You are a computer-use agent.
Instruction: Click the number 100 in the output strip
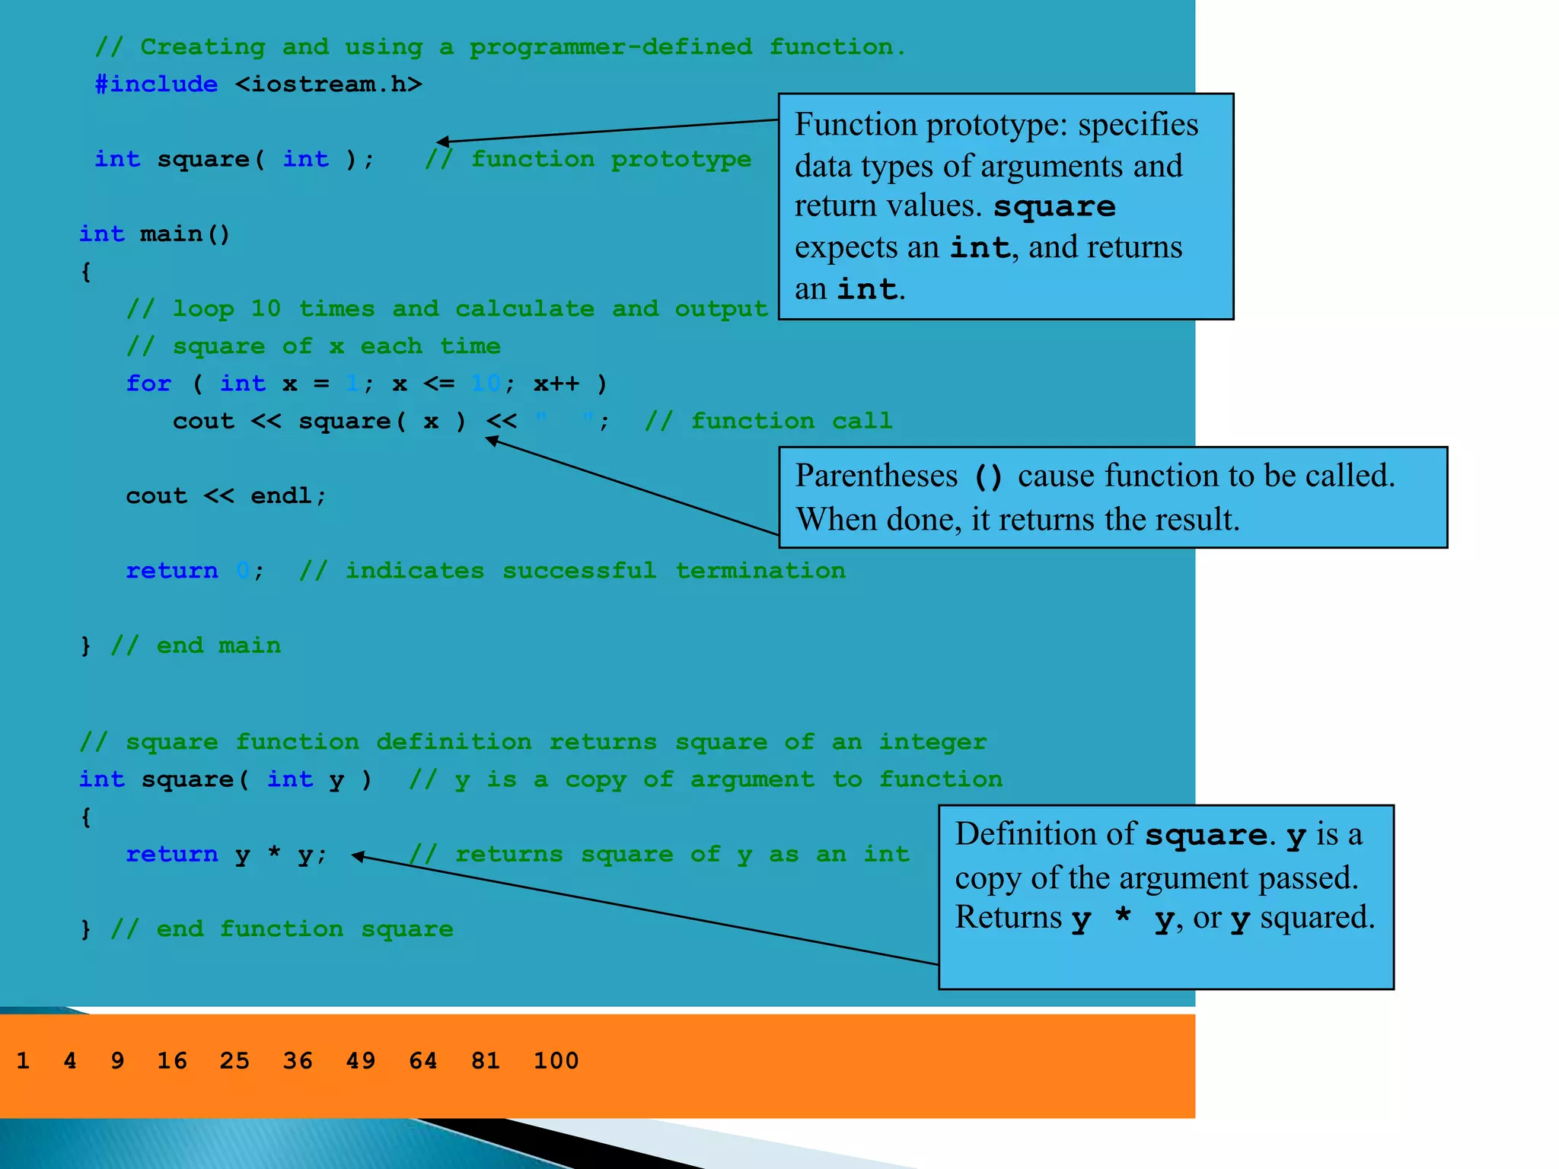click(556, 1060)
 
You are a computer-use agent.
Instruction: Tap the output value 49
click(360, 1060)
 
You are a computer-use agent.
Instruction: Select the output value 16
click(172, 1060)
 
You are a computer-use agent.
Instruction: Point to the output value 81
click(486, 1060)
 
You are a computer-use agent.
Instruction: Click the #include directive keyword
click(156, 84)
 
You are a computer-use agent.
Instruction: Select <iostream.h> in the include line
click(328, 84)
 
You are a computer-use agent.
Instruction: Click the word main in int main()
click(171, 234)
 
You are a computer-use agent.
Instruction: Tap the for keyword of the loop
click(148, 383)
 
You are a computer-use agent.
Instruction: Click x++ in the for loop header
click(556, 383)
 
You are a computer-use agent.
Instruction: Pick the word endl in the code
click(281, 495)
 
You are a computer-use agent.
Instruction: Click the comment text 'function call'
click(792, 421)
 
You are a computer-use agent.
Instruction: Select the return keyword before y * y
click(172, 854)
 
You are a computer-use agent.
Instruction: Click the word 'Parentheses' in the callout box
click(876, 476)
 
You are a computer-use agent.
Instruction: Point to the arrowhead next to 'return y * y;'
click(358, 856)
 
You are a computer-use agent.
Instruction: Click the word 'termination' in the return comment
click(760, 570)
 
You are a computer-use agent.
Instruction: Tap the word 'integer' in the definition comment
click(933, 741)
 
